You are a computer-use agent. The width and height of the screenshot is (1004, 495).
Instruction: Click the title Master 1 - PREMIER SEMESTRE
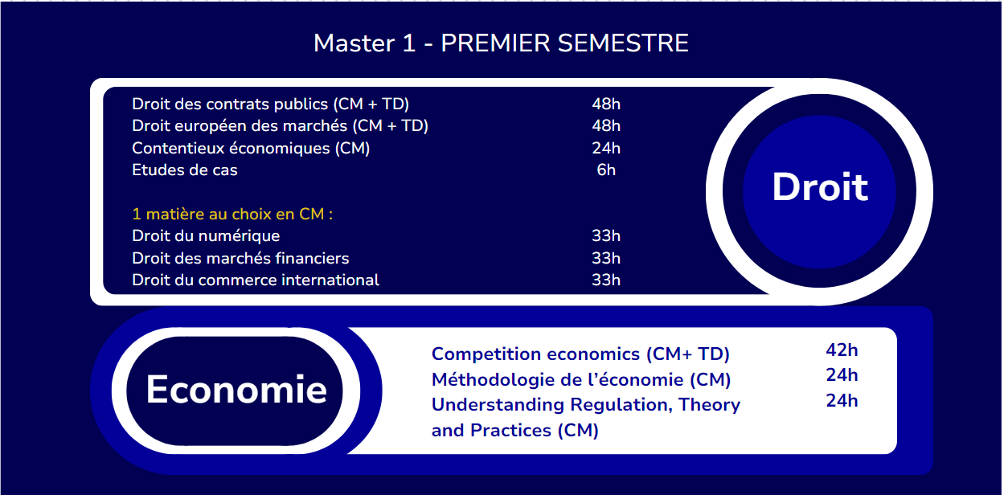[x=501, y=43]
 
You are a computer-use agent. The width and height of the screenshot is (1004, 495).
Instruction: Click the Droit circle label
[x=820, y=187]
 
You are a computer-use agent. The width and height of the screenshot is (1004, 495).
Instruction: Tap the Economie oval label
[x=236, y=390]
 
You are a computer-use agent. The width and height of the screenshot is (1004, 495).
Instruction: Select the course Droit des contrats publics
[x=271, y=104]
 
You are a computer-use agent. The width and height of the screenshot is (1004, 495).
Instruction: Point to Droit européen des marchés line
[x=280, y=126]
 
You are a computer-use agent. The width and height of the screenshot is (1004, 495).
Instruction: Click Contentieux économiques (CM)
[x=251, y=148]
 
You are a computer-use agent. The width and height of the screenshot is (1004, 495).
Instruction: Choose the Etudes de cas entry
[x=185, y=170]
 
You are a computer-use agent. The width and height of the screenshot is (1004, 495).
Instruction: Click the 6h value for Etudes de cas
[x=606, y=170]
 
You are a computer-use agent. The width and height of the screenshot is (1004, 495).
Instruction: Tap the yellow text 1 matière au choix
[x=232, y=215]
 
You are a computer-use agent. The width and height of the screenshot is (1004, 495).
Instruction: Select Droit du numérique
[x=206, y=236]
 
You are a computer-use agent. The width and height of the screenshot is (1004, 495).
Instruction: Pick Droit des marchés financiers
[x=240, y=258]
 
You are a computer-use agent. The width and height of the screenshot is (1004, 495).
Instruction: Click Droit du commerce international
[x=256, y=280]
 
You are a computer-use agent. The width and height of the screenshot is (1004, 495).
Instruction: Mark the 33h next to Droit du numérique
[x=606, y=236]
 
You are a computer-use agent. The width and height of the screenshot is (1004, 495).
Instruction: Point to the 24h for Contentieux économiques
[x=606, y=148]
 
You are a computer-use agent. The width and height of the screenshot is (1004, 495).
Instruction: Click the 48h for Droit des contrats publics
[x=606, y=104]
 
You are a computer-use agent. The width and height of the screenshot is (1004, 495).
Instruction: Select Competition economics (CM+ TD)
[x=580, y=354]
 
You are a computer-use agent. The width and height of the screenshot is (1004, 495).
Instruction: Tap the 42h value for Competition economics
[x=842, y=350]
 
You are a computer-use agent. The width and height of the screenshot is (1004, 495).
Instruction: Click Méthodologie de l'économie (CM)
[x=581, y=379]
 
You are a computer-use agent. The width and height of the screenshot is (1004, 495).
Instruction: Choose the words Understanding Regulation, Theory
[x=586, y=404]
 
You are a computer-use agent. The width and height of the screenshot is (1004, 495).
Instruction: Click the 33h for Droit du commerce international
[x=606, y=280]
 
